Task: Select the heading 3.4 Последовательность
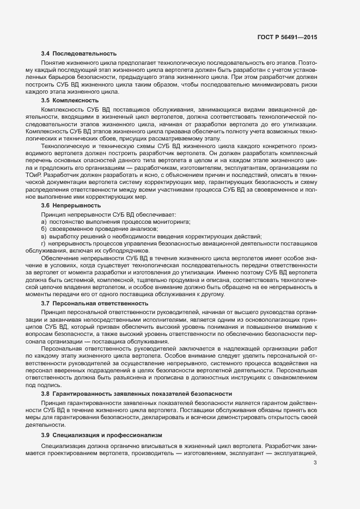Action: coord(79,53)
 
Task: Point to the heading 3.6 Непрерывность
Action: coord(71,206)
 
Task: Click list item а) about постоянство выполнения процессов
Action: coord(115,222)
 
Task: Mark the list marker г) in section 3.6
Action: coord(44,243)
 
